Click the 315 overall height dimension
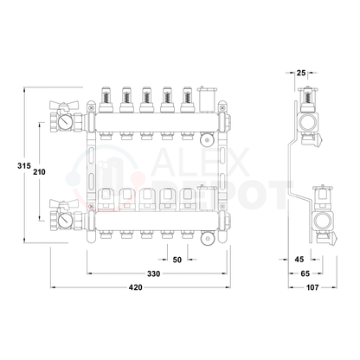(x=24, y=166)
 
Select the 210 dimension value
(x=39, y=172)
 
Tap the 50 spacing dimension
(x=177, y=260)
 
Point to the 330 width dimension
(x=153, y=273)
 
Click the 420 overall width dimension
(x=136, y=287)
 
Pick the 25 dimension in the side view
(x=301, y=73)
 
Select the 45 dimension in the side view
(x=299, y=260)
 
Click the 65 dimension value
(x=305, y=273)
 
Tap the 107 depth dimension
(x=312, y=287)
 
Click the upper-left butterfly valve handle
(x=63, y=105)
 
